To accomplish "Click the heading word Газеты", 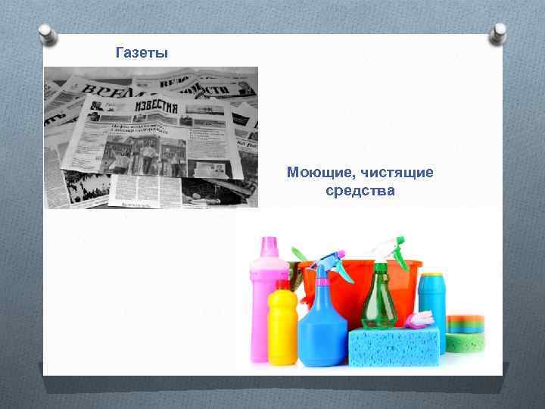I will [142, 53].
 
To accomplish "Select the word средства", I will [360, 191].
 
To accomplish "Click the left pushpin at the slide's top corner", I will [47, 34].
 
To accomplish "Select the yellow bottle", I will [282, 326].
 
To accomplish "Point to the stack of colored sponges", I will [466, 333].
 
